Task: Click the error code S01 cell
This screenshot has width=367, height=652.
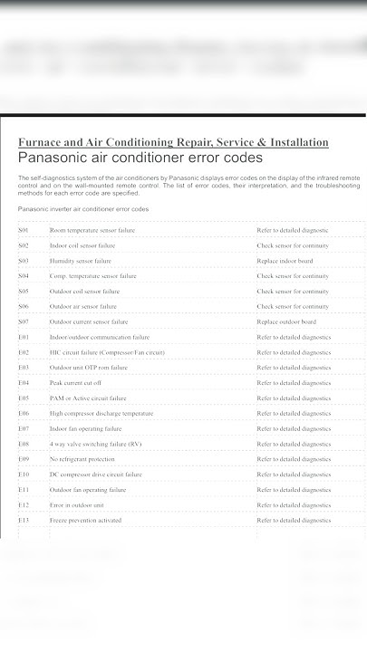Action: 24,230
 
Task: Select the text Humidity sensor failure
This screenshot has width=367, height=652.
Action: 80,261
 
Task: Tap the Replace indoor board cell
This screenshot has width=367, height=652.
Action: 286,261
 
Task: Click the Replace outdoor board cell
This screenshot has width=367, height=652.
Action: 286,321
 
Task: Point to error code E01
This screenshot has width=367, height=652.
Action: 24,337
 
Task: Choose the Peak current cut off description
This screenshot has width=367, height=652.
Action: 75,383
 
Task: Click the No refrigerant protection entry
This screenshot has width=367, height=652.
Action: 82,459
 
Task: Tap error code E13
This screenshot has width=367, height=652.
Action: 24,521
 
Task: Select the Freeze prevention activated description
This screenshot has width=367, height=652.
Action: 85,521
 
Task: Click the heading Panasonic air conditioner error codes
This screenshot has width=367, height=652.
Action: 140,158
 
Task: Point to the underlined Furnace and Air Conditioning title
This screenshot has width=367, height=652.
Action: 173,142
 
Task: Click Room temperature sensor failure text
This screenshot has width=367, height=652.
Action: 92,230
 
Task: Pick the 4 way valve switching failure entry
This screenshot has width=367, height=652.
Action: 95,444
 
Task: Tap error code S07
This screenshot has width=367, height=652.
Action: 24,321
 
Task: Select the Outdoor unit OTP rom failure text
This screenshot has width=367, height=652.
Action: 89,368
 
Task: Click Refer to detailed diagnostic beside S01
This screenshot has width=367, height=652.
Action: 293,230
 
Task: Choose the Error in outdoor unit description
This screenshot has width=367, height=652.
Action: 77,505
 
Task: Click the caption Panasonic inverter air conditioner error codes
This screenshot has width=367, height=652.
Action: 83,209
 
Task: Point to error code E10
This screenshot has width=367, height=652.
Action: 24,475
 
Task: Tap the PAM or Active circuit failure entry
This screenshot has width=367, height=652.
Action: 88,398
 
